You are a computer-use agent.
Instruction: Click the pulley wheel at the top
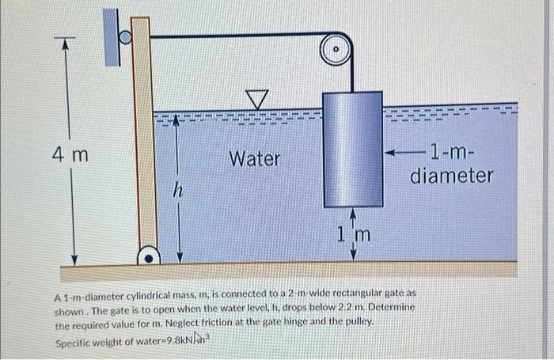tap(336, 48)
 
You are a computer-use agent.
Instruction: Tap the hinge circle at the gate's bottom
tap(147, 256)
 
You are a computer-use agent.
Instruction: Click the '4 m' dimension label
tap(71, 154)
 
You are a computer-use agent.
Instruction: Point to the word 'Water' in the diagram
tap(255, 159)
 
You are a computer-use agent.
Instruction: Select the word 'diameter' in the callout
tap(452, 175)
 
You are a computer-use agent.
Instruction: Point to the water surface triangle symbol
tap(256, 99)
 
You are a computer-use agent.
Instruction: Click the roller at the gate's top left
tap(124, 36)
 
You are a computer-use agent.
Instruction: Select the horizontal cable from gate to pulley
tap(237, 35)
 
